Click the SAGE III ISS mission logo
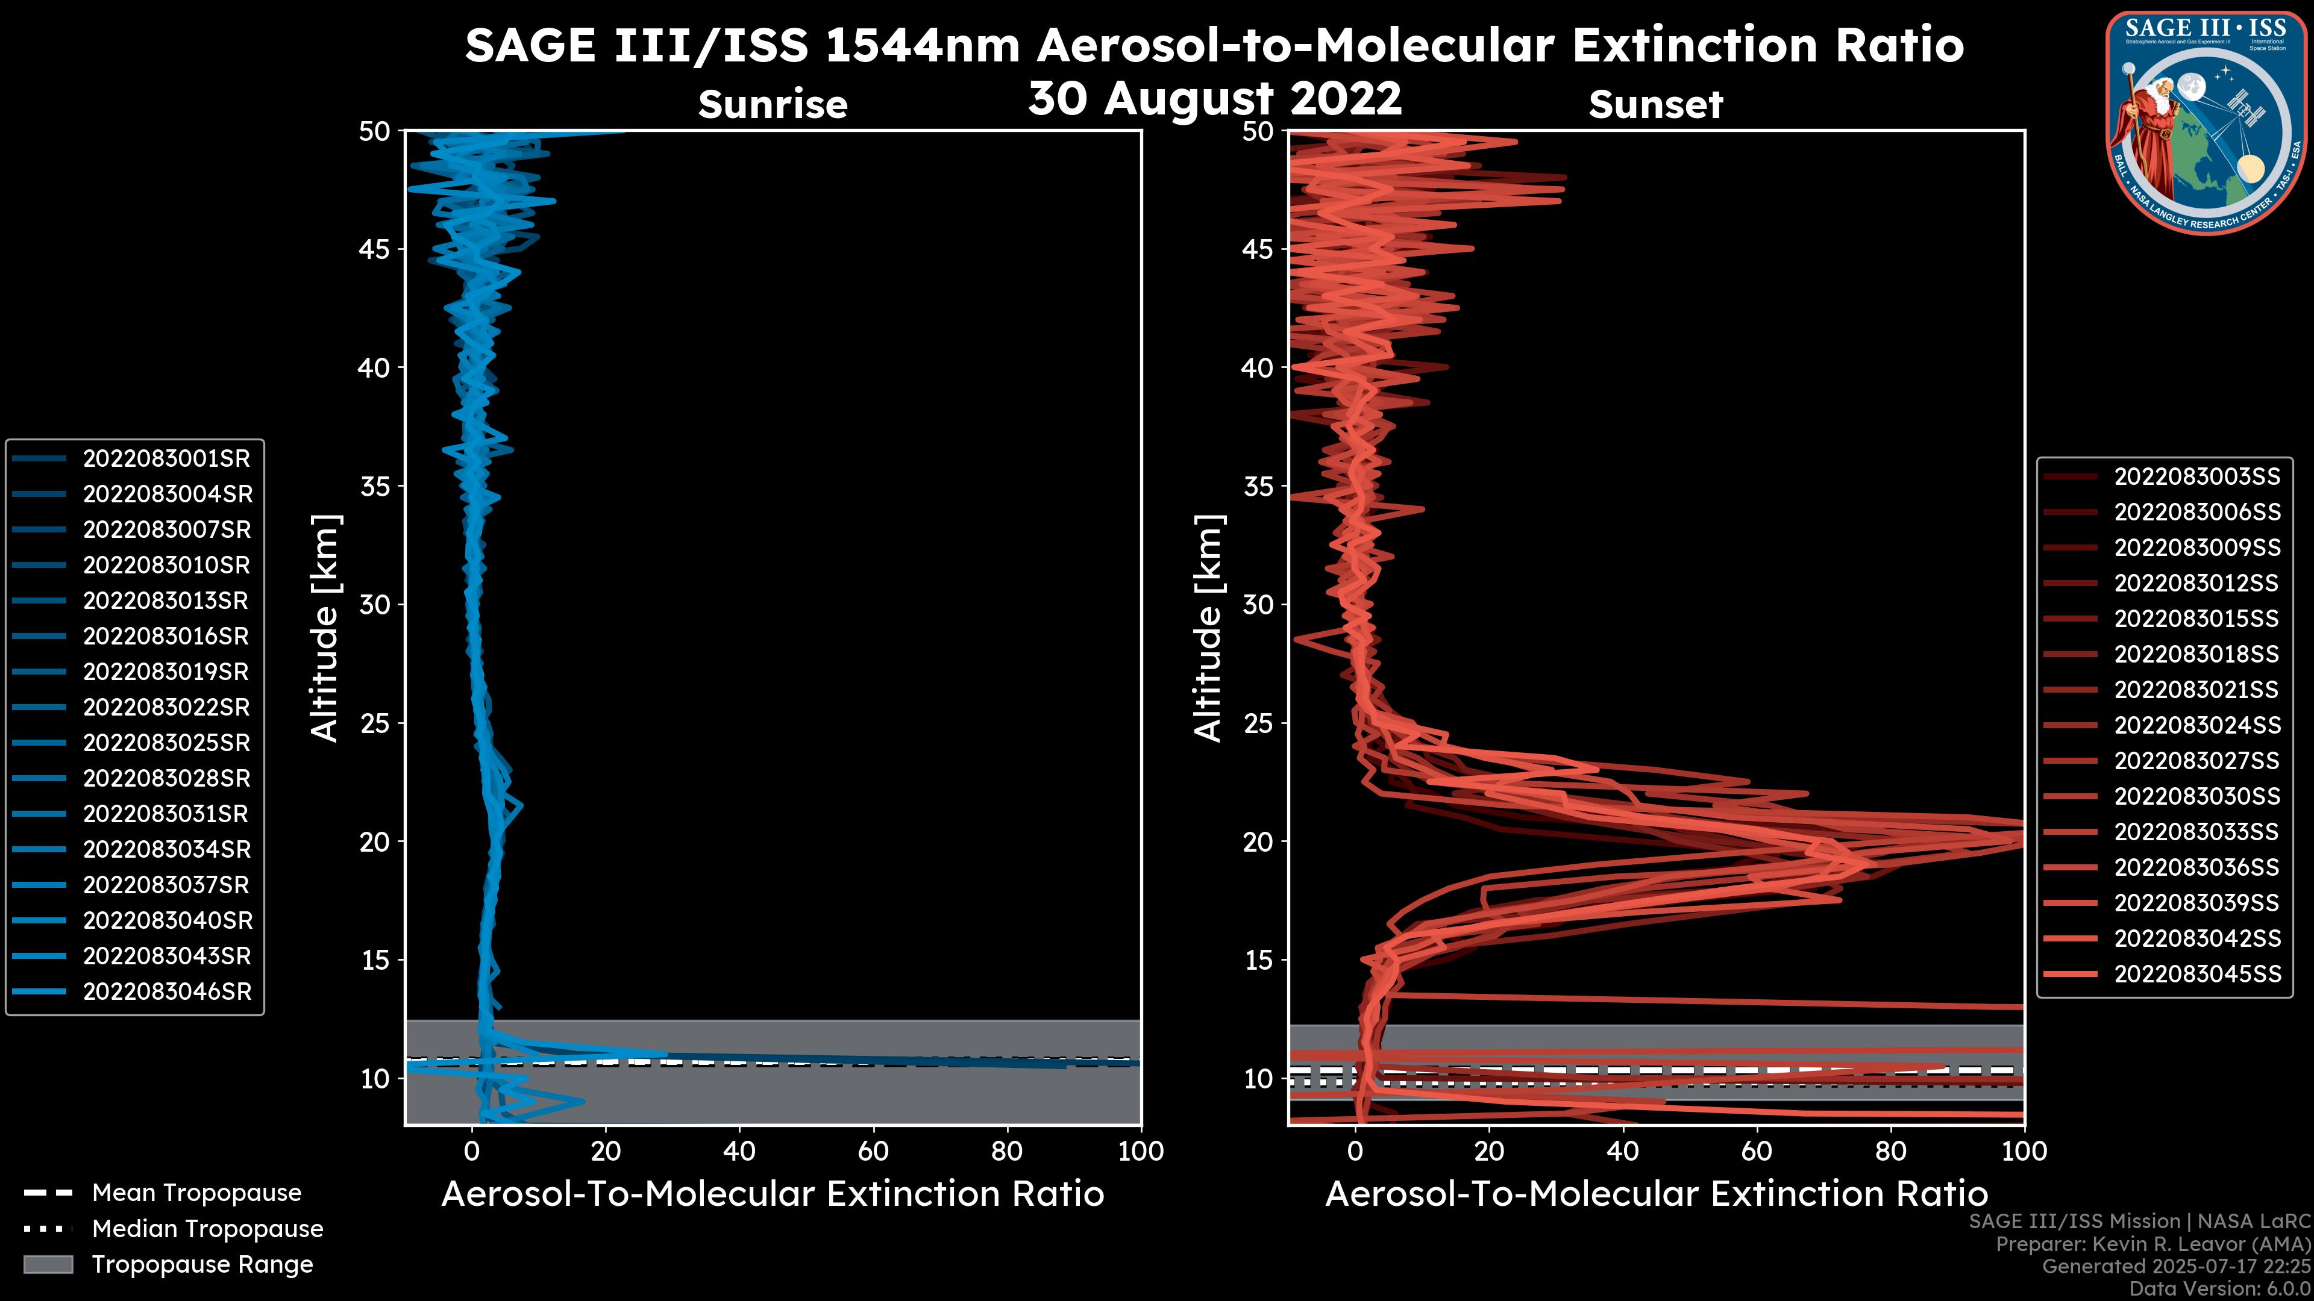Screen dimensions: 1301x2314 click(2206, 123)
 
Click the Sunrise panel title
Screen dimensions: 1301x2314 click(773, 105)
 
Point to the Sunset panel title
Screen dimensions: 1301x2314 click(1655, 105)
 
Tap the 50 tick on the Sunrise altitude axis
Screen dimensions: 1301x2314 click(375, 132)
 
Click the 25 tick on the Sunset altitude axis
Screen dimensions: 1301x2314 click(1258, 723)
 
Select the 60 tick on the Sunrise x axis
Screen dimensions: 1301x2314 click(873, 1151)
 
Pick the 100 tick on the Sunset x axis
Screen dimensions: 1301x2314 click(2024, 1151)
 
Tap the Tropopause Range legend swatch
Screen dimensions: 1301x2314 click(48, 1265)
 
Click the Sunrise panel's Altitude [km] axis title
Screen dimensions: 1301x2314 click(325, 628)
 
